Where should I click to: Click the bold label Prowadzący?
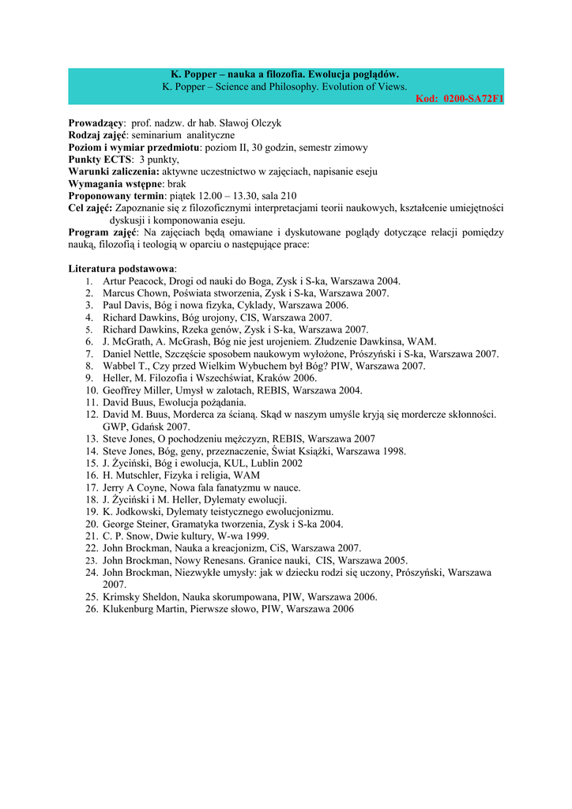pos(96,123)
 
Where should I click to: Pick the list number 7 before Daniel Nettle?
pos(91,354)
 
